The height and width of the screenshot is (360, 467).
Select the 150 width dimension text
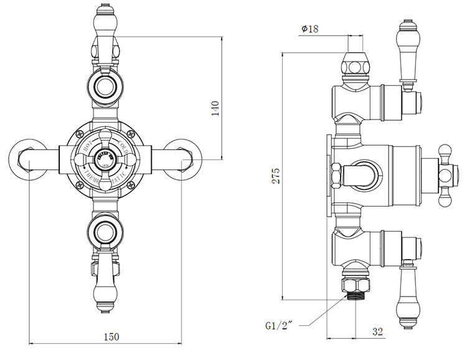[x=110, y=336]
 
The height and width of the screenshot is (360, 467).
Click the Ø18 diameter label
[x=310, y=29]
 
